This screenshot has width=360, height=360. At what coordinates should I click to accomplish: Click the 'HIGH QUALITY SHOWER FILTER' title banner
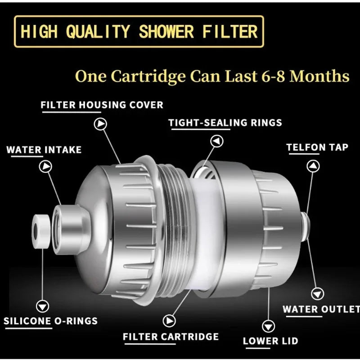(139, 31)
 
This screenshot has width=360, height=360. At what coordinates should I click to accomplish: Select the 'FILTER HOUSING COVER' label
(102, 105)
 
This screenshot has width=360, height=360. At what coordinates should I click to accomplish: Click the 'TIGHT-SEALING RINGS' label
(225, 122)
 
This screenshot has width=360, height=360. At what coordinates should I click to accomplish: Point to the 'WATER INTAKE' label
(44, 149)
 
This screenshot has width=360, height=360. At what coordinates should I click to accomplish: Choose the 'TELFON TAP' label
(317, 147)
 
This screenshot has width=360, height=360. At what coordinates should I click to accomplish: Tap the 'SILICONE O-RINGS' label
(50, 321)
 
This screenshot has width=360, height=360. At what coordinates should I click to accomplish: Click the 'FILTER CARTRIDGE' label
(171, 337)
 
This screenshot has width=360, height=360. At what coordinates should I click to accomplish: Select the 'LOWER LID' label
(270, 341)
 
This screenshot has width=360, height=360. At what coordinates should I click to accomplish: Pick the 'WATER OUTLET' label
(321, 310)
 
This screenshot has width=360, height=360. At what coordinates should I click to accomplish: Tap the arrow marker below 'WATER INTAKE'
(45, 167)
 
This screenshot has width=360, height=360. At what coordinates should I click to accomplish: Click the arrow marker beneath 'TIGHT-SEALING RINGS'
(218, 141)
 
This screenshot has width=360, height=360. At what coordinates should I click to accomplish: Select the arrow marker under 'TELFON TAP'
(313, 166)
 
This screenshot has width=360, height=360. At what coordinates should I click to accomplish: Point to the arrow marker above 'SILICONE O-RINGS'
(43, 306)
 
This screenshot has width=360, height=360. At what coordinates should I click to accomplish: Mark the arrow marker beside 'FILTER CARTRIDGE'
(170, 320)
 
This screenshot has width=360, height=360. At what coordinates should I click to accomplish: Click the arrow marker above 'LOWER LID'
(269, 325)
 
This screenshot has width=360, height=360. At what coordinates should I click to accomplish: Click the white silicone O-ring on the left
(40, 230)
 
